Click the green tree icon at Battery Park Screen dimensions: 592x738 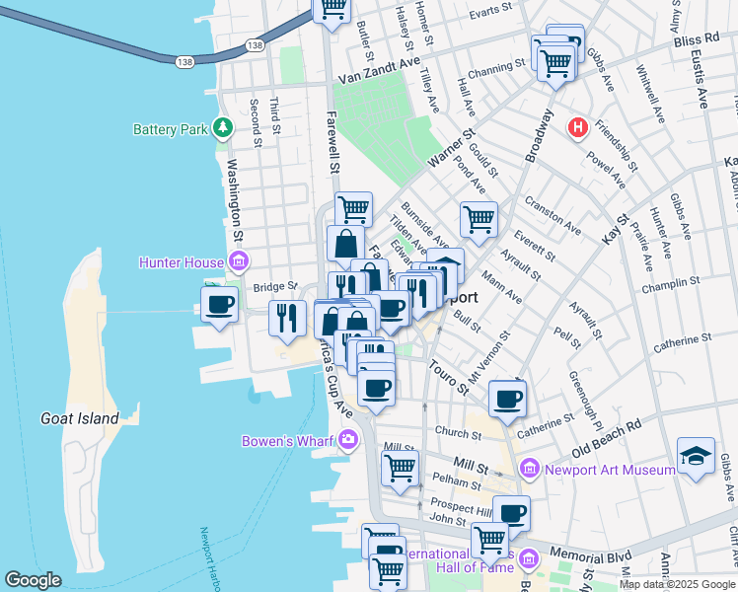[224, 128]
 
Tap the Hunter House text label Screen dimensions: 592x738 [184, 261]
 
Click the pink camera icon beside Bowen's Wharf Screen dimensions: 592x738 [347, 440]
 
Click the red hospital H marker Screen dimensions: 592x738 [578, 128]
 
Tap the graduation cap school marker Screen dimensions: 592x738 [696, 455]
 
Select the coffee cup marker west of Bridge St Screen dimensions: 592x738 [219, 303]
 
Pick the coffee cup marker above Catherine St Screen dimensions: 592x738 [508, 399]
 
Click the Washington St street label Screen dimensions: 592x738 [237, 203]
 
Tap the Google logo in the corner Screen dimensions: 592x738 [34, 581]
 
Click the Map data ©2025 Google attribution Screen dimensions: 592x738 [678, 584]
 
